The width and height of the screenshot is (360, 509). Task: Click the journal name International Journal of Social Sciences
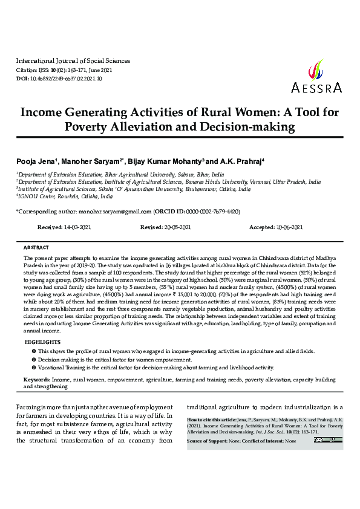[73, 61]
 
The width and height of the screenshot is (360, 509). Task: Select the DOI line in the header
[59, 79]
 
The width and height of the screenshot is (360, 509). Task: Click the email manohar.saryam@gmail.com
[114, 212]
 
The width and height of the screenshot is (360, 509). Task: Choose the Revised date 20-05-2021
[174, 227]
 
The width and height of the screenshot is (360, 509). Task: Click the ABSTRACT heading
[36, 248]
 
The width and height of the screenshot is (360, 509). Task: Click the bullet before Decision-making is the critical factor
[33, 359]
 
